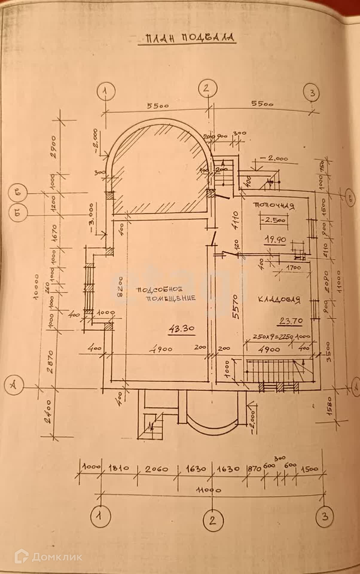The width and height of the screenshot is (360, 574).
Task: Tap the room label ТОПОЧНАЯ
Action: click(x=274, y=206)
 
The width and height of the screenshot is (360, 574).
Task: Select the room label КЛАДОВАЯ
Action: click(x=279, y=300)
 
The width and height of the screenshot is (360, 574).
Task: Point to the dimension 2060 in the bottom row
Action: click(x=157, y=469)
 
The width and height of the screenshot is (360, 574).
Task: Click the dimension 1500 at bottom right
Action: click(x=309, y=469)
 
